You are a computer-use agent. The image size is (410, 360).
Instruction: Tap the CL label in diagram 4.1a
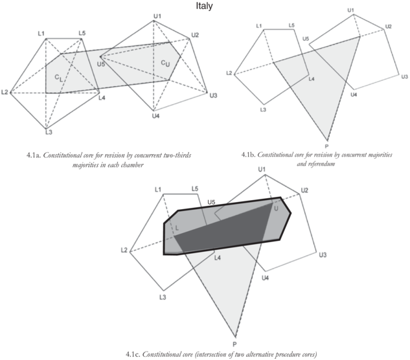[58, 78]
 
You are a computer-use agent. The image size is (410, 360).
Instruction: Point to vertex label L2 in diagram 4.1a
[5, 93]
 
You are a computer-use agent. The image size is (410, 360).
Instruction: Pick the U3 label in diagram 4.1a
[212, 96]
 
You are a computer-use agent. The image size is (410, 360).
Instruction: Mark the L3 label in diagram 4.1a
[48, 132]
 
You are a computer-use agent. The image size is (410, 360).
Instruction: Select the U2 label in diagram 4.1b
[389, 27]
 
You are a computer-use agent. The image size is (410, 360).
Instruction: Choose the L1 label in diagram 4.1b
[260, 26]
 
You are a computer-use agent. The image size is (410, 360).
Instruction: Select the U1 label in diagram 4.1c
[261, 170]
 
